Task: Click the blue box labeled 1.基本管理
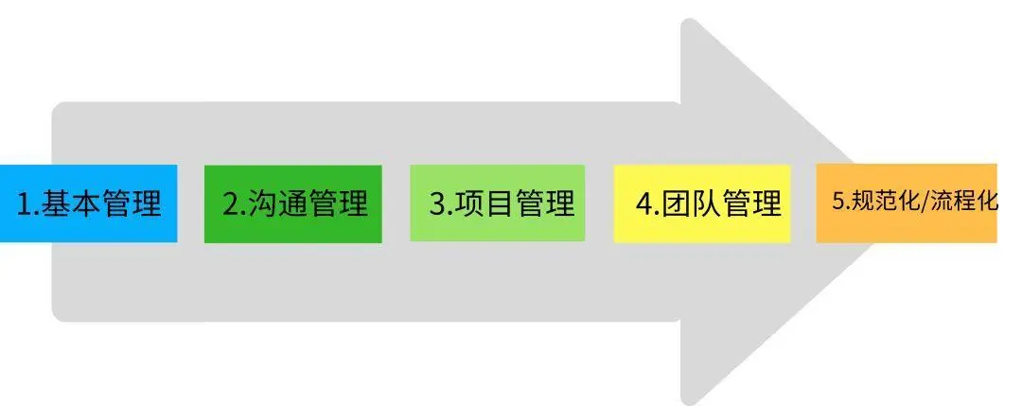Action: [88, 203]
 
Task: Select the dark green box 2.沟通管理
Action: [293, 203]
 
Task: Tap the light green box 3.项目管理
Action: [498, 203]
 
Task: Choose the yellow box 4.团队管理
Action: [702, 203]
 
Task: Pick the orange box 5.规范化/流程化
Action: [907, 203]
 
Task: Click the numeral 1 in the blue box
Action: [24, 204]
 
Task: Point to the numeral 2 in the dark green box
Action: [231, 204]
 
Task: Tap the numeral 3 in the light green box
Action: [436, 204]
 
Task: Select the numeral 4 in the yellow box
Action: [643, 204]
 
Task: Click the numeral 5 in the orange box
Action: [837, 202]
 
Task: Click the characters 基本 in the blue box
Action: [72, 204]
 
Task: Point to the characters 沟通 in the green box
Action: [279, 204]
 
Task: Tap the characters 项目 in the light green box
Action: [485, 204]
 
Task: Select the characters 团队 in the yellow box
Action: [692, 204]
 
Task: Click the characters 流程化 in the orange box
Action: [964, 202]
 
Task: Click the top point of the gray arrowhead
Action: [689, 23]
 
